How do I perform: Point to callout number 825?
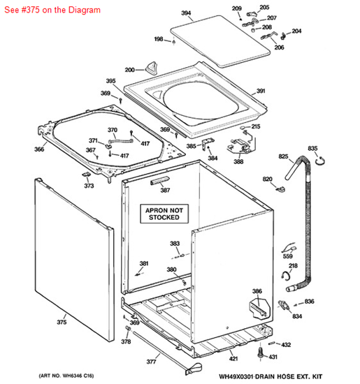pyautogui.click(x=283, y=156)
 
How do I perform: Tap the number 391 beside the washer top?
pyautogui.click(x=260, y=91)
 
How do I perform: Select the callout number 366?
pyautogui.click(x=39, y=149)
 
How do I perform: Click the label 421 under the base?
pyautogui.click(x=233, y=359)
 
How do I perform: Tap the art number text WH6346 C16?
pyautogui.click(x=66, y=376)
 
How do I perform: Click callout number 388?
pyautogui.click(x=238, y=162)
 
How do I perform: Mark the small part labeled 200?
pyautogui.click(x=151, y=67)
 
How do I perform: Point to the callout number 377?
pyautogui.click(x=150, y=362)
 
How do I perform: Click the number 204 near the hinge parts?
pyautogui.click(x=296, y=31)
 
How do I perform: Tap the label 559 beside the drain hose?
pyautogui.click(x=287, y=256)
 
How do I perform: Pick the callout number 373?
pyautogui.click(x=89, y=186)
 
